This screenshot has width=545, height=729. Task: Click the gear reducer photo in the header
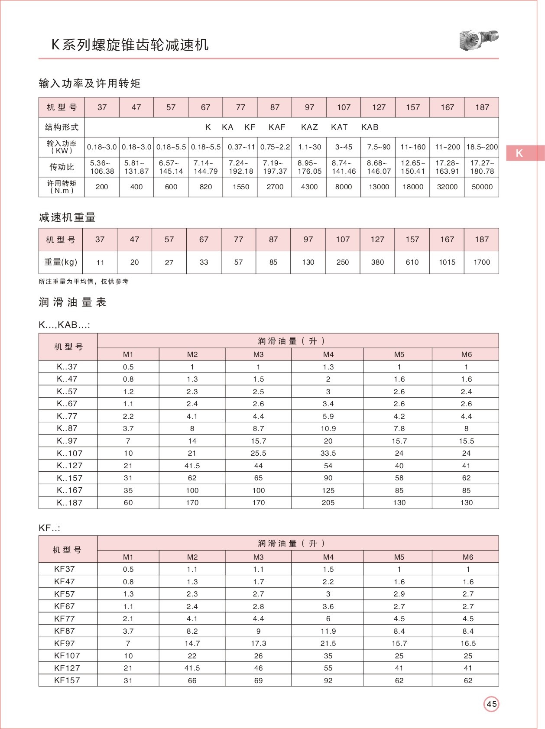[x=479, y=40]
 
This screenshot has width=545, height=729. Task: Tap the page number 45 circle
[x=491, y=704]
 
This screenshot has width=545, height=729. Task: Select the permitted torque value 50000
[x=482, y=187]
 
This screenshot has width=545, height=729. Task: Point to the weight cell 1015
[x=447, y=262]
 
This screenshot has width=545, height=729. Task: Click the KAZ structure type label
[x=309, y=127]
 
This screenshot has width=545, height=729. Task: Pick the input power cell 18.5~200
[x=482, y=147]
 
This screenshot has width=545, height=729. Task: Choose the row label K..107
[x=69, y=453]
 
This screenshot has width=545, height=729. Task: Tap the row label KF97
[x=65, y=643]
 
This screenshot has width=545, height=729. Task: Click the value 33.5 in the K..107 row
[x=328, y=453]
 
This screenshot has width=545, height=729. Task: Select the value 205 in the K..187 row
[x=328, y=502]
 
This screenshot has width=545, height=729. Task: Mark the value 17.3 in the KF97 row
[x=258, y=643]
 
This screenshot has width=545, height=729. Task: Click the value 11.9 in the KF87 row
[x=328, y=631]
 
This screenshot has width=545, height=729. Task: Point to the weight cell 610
[x=412, y=262]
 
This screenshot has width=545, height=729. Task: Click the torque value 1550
[x=240, y=187]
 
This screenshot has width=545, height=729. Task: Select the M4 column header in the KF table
[x=328, y=557]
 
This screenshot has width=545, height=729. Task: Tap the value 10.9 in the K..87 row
[x=328, y=428]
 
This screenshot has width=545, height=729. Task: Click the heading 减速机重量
[x=67, y=217]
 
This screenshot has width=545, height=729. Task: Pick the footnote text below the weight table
[x=84, y=282]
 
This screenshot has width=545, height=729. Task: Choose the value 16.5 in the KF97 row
[x=468, y=643]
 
